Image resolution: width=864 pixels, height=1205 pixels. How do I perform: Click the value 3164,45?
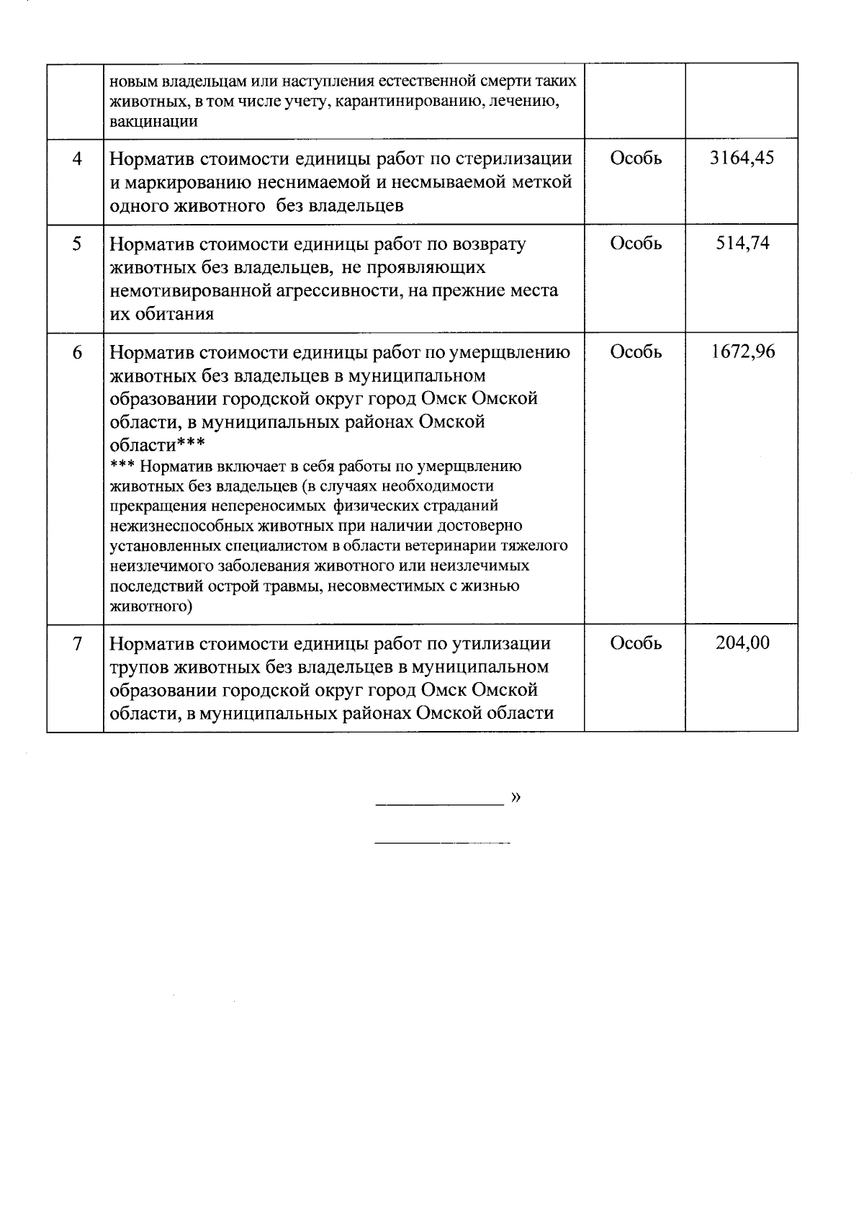742,158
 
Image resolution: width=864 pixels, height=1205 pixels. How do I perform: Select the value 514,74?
742,243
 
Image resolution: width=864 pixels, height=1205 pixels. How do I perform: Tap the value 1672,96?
742,352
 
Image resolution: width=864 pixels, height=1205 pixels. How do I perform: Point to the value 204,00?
742,643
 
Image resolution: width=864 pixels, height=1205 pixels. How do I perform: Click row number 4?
76,158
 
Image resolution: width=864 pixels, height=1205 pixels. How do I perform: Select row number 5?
76,243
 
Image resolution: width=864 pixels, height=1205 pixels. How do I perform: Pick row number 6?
76,352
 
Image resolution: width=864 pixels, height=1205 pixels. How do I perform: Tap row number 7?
76,643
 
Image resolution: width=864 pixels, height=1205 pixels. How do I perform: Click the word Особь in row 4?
636,158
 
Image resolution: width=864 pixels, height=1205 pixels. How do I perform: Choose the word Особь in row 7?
636,643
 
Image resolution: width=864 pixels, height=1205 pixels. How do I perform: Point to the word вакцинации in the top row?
153,121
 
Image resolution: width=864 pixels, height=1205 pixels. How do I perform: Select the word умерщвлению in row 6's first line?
509,352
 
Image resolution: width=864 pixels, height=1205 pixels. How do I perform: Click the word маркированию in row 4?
189,182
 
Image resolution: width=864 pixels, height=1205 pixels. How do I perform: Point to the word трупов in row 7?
138,667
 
